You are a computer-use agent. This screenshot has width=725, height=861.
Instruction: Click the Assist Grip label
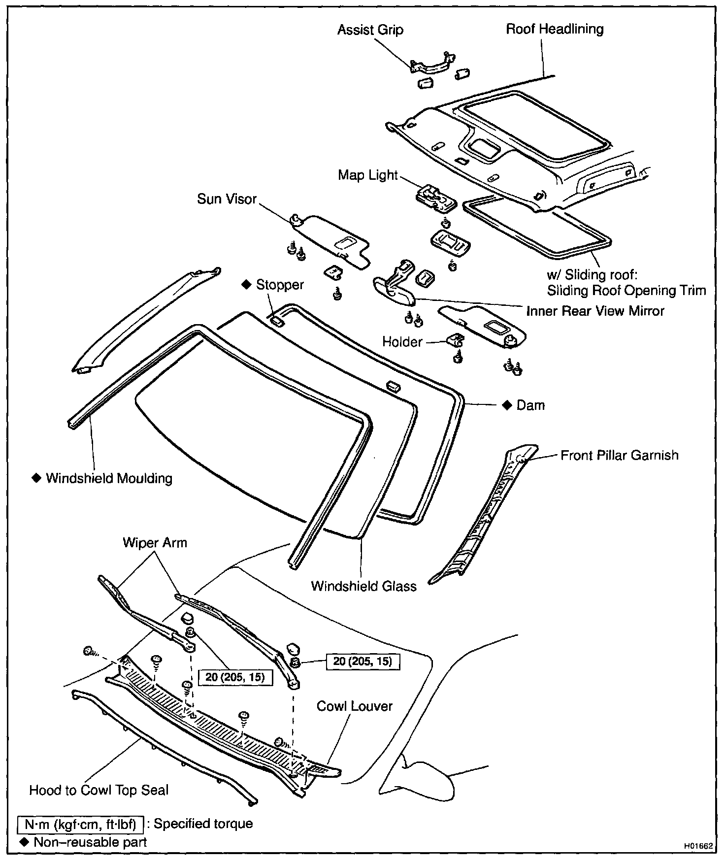[x=370, y=30]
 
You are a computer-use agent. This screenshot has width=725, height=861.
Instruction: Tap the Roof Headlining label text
[x=555, y=29]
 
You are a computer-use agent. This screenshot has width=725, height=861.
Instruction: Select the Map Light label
[x=367, y=175]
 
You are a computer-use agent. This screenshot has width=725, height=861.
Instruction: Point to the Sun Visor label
[x=227, y=199]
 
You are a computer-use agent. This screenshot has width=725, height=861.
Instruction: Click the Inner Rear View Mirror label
[x=595, y=311]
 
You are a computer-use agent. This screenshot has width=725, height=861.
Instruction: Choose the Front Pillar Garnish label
[x=619, y=455]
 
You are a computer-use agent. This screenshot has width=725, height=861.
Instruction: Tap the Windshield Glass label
[x=363, y=586]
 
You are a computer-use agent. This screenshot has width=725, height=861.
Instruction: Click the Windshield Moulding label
[x=109, y=478]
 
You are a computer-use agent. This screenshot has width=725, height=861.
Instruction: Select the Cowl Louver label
[x=354, y=706]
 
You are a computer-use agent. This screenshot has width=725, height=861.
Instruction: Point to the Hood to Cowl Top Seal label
[x=99, y=791]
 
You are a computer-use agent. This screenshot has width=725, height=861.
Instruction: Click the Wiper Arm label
[x=155, y=543]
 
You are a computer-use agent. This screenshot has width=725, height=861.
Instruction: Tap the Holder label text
[x=402, y=342]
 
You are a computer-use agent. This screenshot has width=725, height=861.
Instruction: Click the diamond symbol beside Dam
[x=507, y=405]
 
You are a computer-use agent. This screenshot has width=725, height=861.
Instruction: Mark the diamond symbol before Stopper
[x=246, y=285]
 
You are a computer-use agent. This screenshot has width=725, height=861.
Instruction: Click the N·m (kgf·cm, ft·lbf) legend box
[x=80, y=824]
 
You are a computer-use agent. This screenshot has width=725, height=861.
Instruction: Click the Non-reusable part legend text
[x=90, y=842]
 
